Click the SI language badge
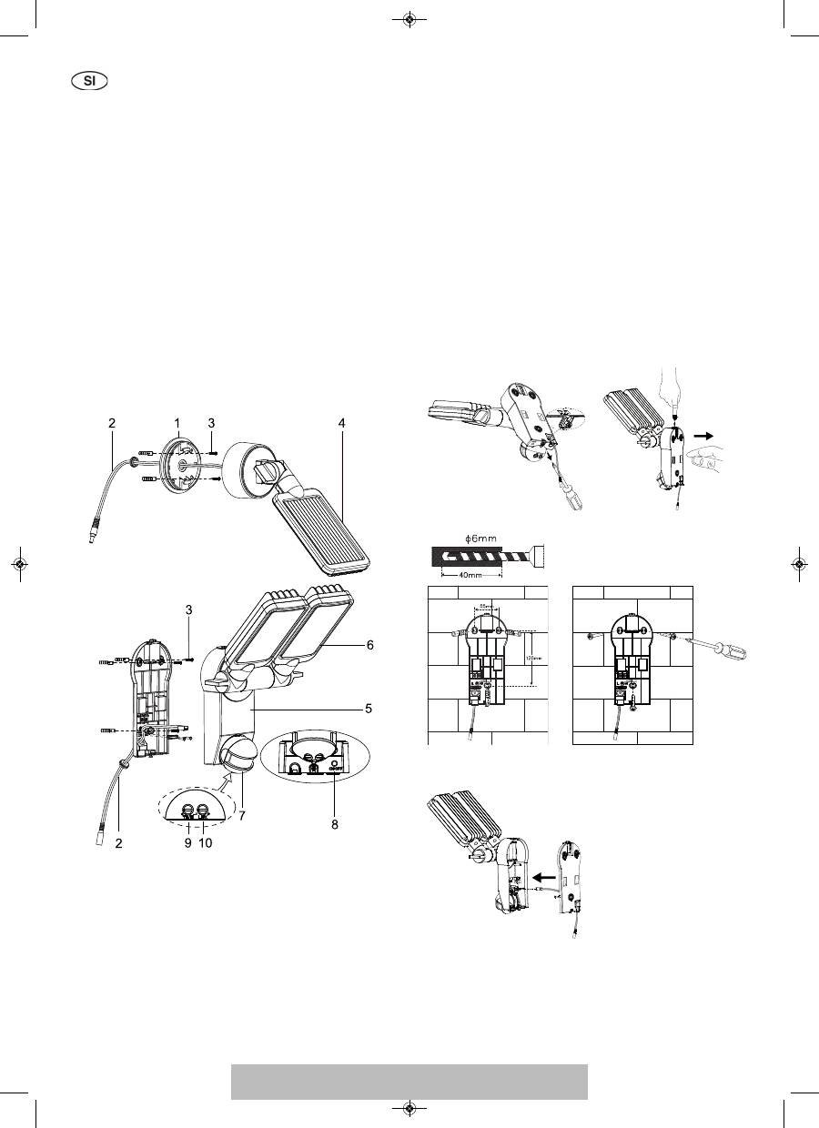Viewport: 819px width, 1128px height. point(89,80)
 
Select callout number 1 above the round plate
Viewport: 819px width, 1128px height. point(179,423)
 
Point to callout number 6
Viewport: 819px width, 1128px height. point(370,644)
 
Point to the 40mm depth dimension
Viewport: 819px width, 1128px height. point(470,575)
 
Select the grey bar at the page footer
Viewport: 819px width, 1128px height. point(409,1082)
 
